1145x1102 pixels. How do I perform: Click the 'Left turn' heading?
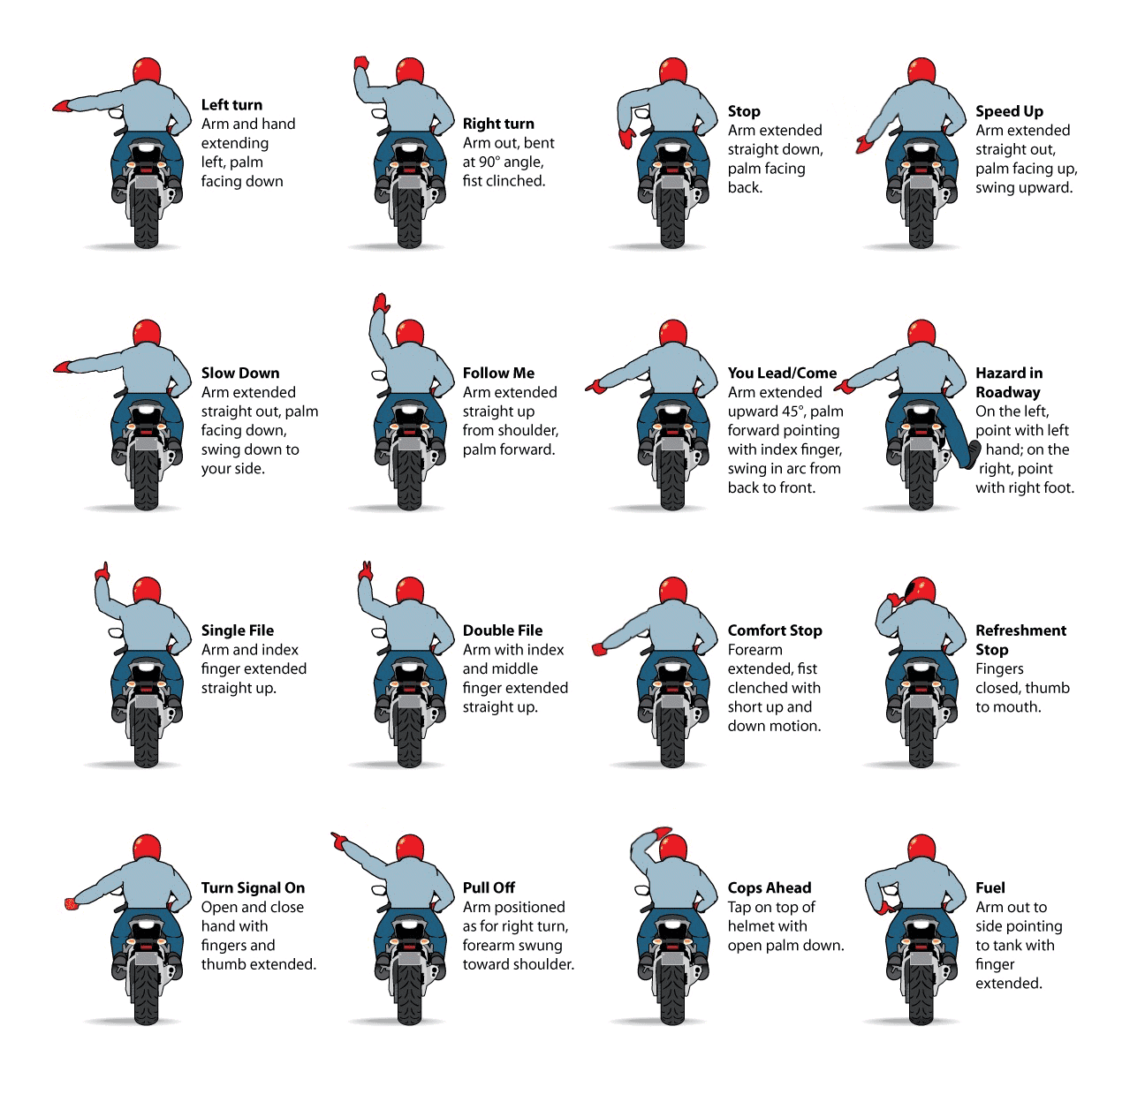(x=231, y=105)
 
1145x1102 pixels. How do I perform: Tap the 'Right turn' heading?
(x=497, y=124)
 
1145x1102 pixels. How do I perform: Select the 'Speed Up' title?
(x=1009, y=111)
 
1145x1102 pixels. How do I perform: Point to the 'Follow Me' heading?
(x=497, y=373)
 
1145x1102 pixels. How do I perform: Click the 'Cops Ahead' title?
(x=769, y=887)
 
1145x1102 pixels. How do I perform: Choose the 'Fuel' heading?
(x=990, y=887)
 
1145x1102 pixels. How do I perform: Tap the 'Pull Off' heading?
(x=489, y=887)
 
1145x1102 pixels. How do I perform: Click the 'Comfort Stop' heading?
(x=774, y=630)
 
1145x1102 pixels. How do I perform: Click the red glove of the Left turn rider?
(x=61, y=106)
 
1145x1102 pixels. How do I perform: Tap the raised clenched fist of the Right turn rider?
(x=360, y=63)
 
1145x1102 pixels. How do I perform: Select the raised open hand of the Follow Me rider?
(x=382, y=302)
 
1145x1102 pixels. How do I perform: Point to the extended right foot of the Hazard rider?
(x=973, y=454)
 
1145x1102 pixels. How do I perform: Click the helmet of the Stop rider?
(x=673, y=72)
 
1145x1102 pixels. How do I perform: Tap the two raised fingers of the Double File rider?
(x=366, y=570)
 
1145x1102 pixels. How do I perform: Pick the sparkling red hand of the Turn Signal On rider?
(x=71, y=904)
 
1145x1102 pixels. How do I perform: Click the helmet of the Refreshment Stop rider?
(x=921, y=591)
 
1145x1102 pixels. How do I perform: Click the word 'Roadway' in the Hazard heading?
(x=1007, y=392)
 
